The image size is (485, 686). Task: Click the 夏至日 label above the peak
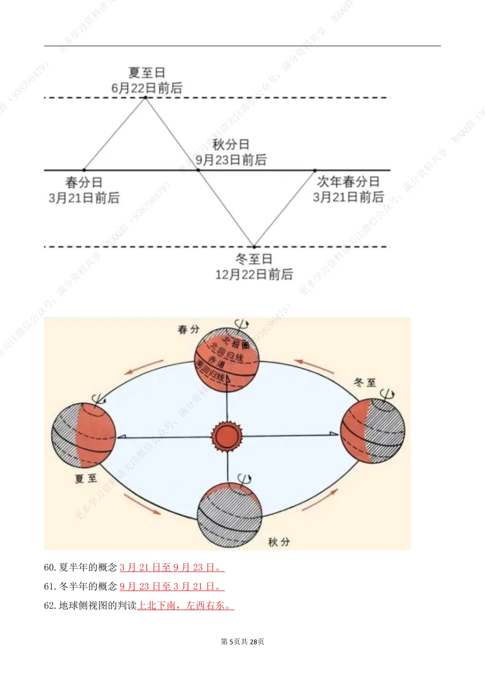pos(147,73)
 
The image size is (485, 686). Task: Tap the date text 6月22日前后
pos(147,88)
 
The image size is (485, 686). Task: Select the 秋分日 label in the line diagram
pos(231,145)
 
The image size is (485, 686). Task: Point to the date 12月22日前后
pos(254,274)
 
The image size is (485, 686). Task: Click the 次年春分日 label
pos(348,181)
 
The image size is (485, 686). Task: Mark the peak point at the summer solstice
pos(145,97)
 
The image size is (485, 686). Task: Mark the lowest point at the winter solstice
pos(254,247)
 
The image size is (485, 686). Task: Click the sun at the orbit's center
pos(227,436)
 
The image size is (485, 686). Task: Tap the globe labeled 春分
pos(227,360)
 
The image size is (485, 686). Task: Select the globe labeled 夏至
pos(84,436)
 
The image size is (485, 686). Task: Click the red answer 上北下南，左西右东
pos(185,606)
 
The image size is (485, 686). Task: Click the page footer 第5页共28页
pos(242,642)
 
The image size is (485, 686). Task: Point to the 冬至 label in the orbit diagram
pos(365,383)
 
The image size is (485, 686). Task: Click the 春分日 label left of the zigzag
pos(84,182)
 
